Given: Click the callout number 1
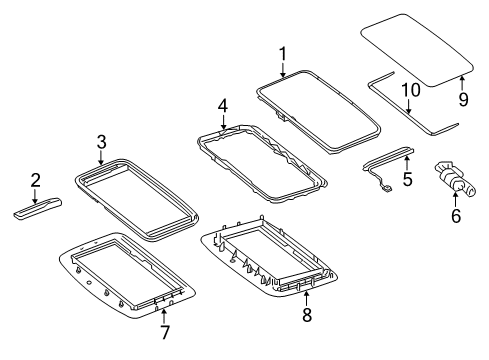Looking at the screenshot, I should click(x=282, y=53).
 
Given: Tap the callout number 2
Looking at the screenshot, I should click(x=35, y=180).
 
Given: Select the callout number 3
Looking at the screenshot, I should click(x=101, y=141).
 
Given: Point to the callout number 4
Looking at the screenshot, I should click(x=223, y=104).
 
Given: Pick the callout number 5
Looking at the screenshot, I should click(x=406, y=180).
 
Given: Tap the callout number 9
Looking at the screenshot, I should click(x=463, y=99).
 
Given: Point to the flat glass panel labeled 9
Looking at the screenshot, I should click(x=417, y=47).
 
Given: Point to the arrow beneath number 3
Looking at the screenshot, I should click(x=101, y=157).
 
